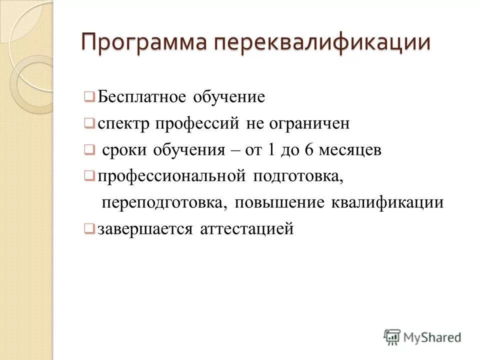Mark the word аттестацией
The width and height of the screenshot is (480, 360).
(x=246, y=229)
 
